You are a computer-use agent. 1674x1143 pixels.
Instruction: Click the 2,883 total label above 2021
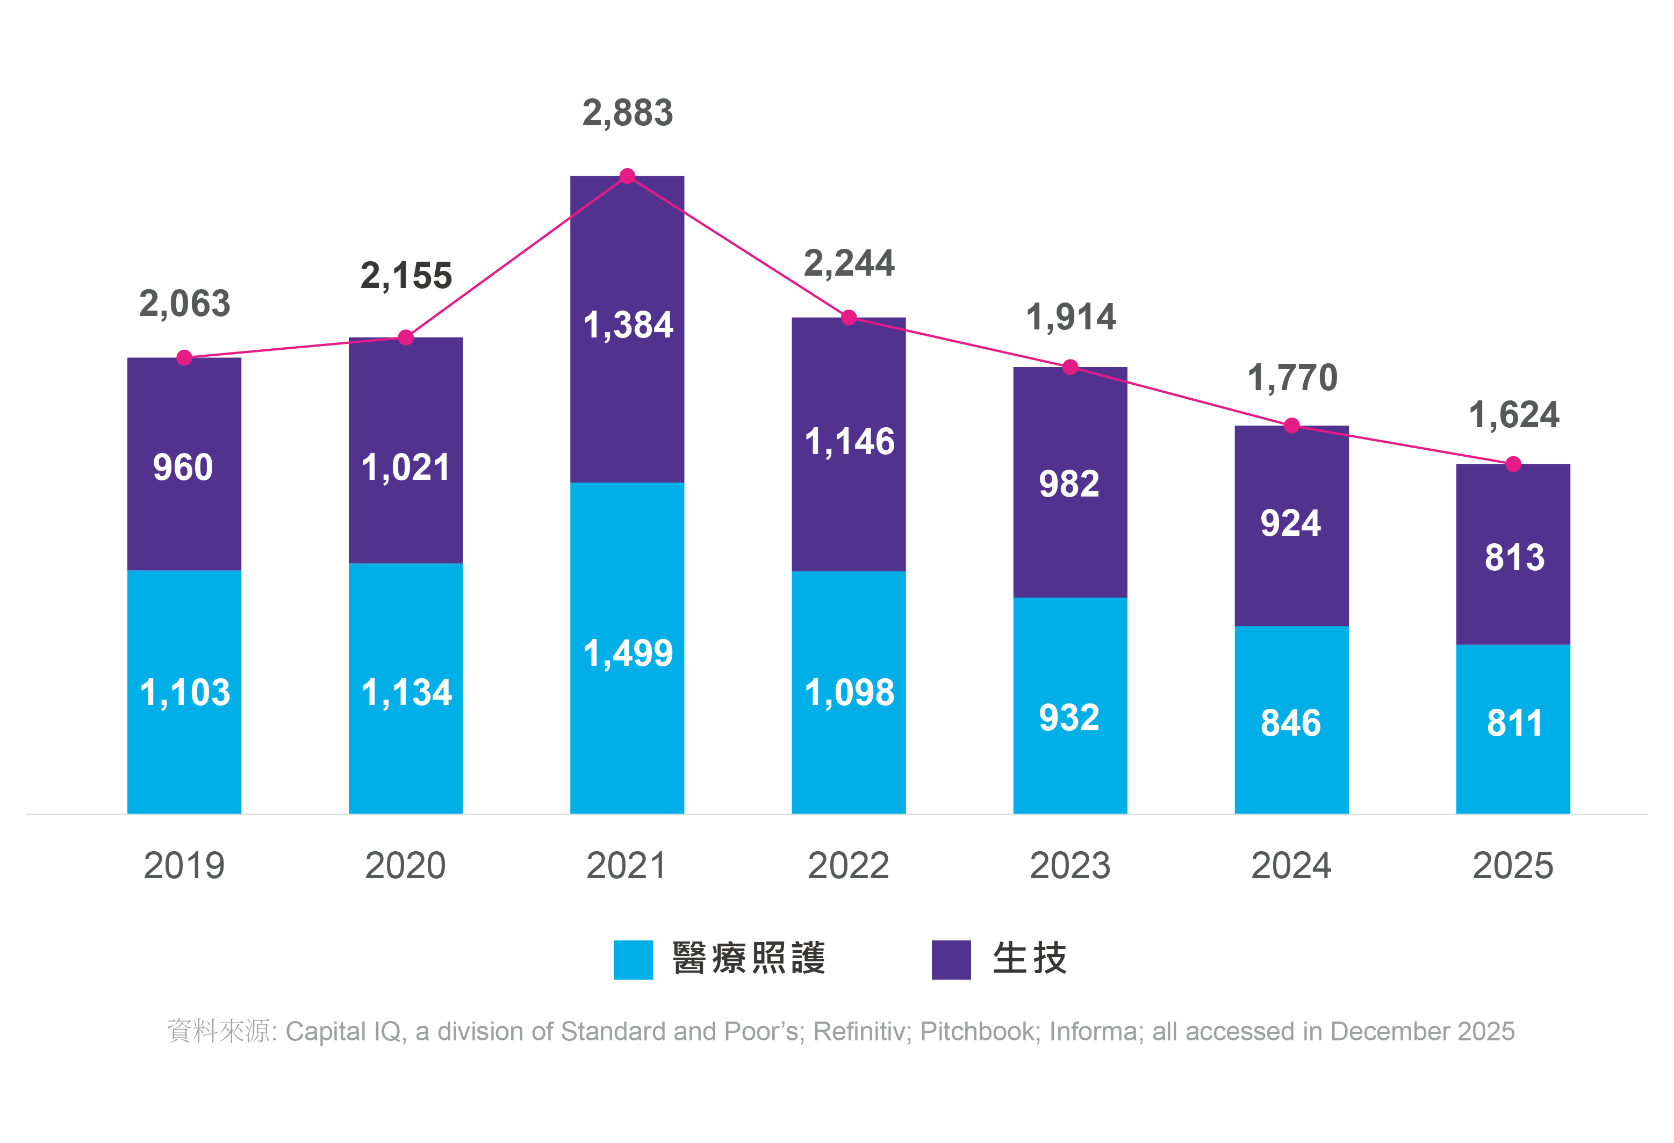[627, 113]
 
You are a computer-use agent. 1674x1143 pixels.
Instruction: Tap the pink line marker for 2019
[184, 358]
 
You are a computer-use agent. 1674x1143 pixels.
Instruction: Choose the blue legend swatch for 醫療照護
[633, 959]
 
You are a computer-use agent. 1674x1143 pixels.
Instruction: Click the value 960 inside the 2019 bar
[183, 468]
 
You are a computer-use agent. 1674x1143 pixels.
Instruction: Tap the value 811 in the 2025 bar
[1514, 723]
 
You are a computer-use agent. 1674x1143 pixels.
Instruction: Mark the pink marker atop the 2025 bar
[1513, 464]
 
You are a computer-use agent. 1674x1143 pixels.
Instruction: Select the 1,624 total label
[1513, 415]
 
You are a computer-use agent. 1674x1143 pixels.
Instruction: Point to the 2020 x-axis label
[406, 866]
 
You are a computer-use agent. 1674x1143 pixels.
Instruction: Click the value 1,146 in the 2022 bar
[849, 442]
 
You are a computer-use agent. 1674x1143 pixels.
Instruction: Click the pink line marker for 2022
[849, 318]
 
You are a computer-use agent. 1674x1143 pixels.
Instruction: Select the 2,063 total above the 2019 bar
[184, 303]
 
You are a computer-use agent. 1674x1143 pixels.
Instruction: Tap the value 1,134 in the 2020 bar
[406, 693]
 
